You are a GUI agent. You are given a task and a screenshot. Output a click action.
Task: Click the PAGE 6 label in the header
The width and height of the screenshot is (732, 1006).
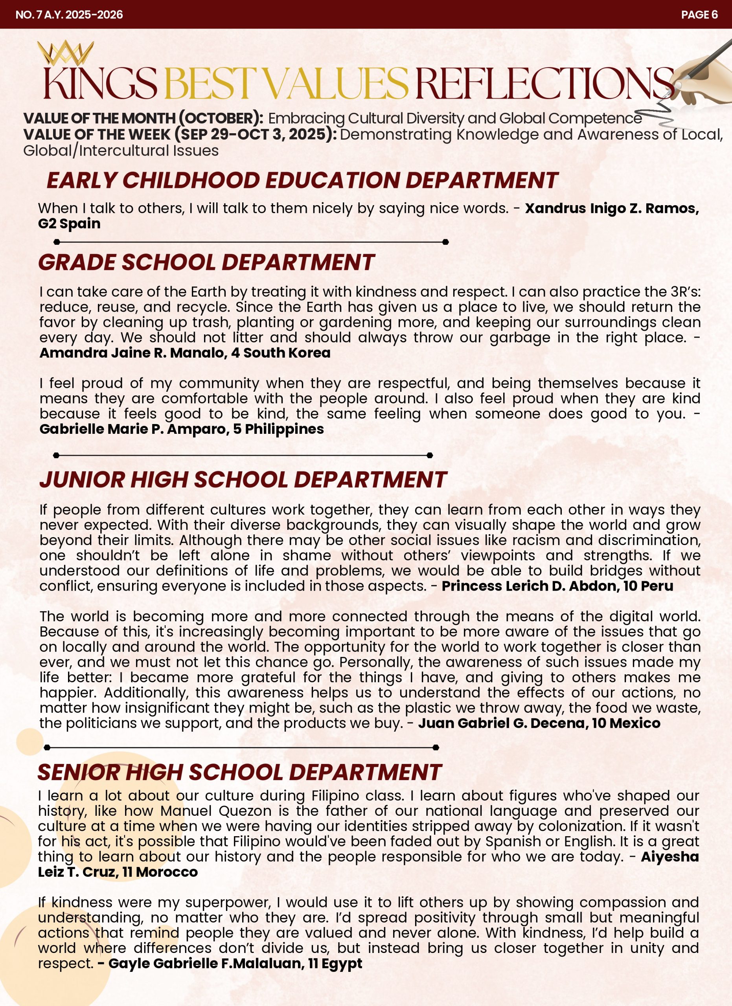(x=699, y=15)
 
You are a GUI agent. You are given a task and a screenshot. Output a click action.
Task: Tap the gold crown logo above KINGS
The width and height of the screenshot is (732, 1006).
(x=65, y=53)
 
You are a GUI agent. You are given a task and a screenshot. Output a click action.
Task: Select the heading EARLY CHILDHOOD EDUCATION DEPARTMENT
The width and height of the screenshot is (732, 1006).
(x=302, y=180)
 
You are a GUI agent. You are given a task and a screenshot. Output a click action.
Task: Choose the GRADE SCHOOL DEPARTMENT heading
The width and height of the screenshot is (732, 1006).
(x=206, y=262)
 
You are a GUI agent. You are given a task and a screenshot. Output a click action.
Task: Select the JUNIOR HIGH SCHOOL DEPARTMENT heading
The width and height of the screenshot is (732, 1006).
(x=243, y=479)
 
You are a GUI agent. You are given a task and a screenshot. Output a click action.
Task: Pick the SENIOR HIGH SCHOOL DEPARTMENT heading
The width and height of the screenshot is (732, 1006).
(x=239, y=772)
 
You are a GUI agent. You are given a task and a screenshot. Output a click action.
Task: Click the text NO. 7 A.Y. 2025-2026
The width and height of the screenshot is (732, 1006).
(x=69, y=15)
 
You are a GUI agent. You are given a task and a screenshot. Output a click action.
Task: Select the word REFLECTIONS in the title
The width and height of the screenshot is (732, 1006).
(x=543, y=83)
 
